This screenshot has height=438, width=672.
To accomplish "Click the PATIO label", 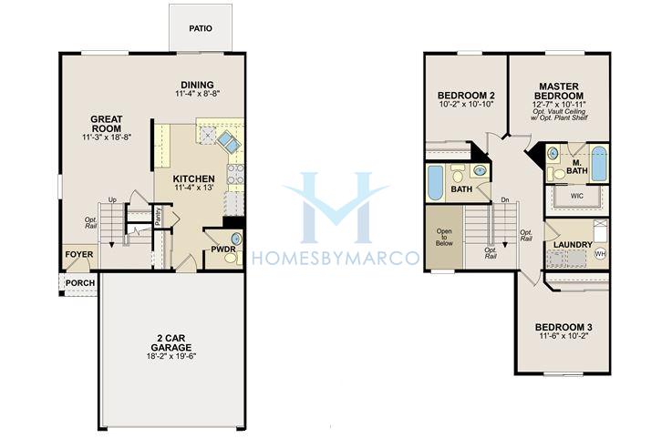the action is pos(201,29).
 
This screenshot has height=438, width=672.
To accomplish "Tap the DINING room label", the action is pos(197,85).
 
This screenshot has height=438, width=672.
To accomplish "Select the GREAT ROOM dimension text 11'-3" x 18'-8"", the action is pos(107,137).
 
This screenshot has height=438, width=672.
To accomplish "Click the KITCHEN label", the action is pos(193,178).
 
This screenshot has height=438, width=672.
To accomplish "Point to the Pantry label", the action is pos(158,217).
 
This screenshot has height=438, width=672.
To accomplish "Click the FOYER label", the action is pos(78,254).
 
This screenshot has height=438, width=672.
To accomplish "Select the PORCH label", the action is pos(80,283).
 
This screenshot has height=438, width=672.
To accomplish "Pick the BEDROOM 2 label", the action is pos(466,95).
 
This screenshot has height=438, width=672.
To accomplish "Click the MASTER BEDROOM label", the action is pos(559,91).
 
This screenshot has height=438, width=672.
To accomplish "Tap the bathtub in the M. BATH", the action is pos(599,164).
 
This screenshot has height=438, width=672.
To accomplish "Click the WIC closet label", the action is pos(577,196).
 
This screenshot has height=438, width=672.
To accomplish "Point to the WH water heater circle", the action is pos(601,254).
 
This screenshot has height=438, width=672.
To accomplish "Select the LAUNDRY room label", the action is pos(573,244).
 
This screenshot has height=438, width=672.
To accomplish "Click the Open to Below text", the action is pos(444,237).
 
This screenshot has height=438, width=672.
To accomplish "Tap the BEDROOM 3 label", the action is pos(563,327).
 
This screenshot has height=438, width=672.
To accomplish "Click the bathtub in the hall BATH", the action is pos(435,183).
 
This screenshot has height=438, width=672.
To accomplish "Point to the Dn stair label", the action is pos(505,200).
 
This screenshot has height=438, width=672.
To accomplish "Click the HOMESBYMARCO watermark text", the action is pos(336,259).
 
